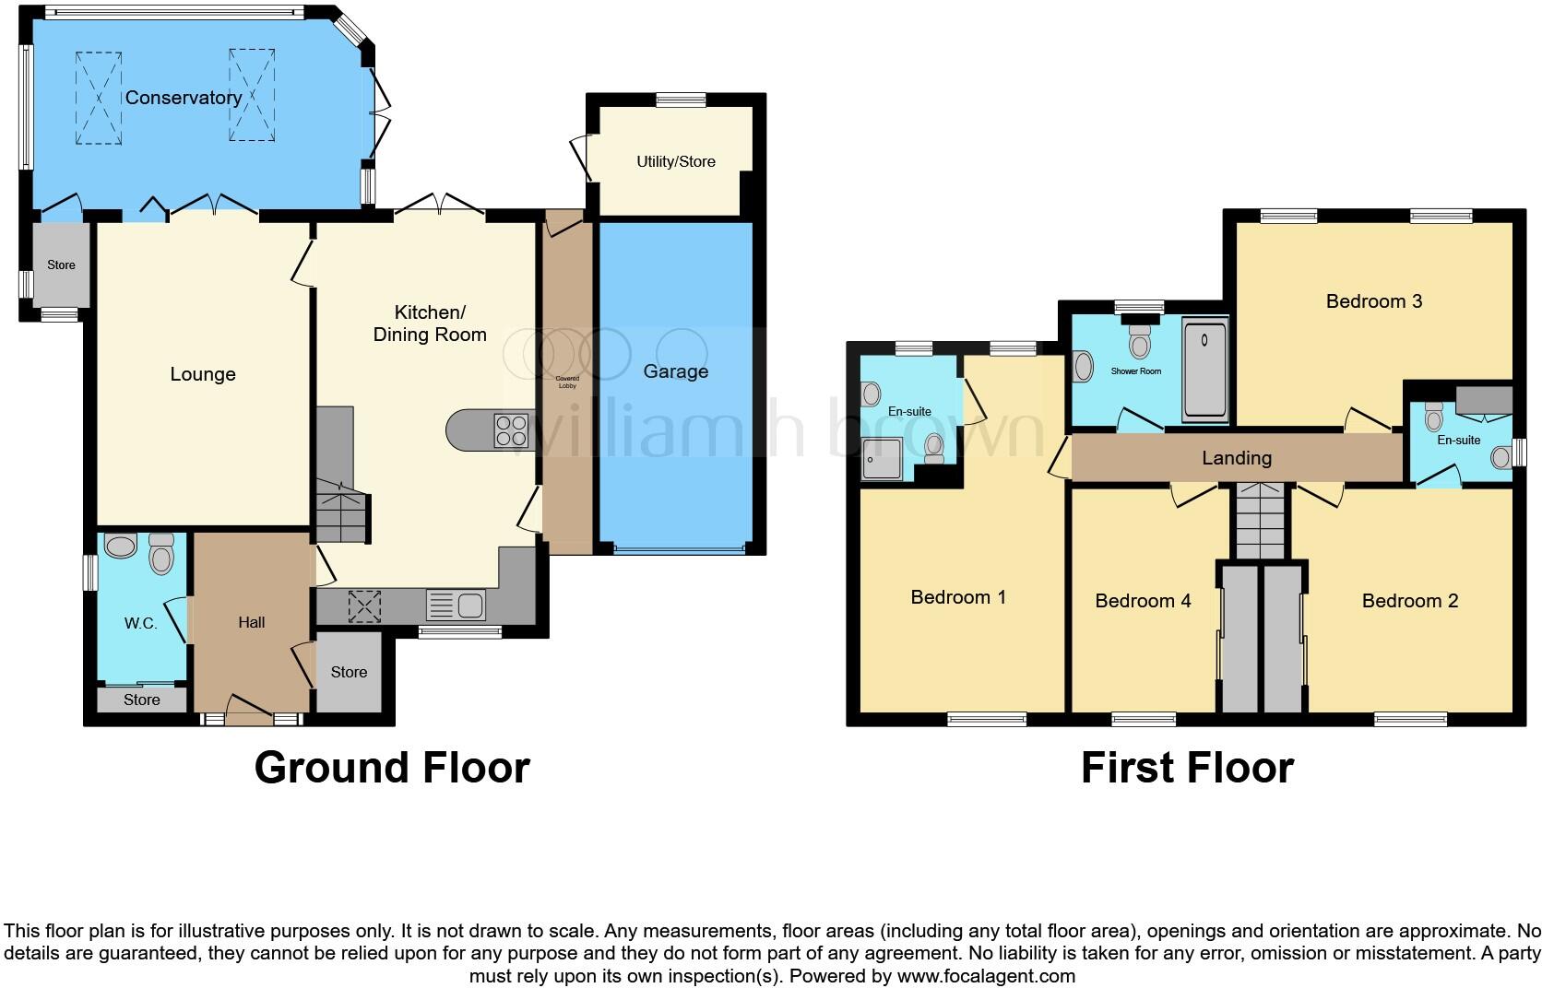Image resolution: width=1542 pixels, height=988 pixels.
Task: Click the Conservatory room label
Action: point(184,98)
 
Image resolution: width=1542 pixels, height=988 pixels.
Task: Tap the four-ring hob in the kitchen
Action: point(512,430)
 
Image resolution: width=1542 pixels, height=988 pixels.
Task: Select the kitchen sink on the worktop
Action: point(457,606)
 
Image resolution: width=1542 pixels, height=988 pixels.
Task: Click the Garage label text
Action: point(676,371)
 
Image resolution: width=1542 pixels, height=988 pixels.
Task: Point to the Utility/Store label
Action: point(676,161)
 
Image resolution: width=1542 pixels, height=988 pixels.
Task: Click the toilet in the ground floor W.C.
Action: point(161,555)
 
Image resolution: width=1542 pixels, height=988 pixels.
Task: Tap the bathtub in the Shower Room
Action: point(1204,370)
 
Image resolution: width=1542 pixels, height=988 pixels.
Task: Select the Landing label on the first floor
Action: point(1237,458)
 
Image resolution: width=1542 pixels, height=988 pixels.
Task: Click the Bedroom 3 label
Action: point(1373,301)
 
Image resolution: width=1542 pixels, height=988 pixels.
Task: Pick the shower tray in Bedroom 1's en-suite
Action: point(883,458)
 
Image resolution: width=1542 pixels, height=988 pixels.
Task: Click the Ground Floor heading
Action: point(392,767)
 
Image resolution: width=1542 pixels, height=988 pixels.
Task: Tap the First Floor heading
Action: point(1187,767)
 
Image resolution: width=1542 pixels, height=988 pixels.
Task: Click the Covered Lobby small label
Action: point(567,382)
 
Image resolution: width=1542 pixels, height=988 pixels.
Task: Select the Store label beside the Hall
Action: point(349,672)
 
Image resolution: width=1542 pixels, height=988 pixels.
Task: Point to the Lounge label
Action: point(203,374)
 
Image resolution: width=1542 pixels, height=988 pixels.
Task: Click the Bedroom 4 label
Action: point(1143,601)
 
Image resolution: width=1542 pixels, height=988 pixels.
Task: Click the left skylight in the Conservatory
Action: point(99,98)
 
